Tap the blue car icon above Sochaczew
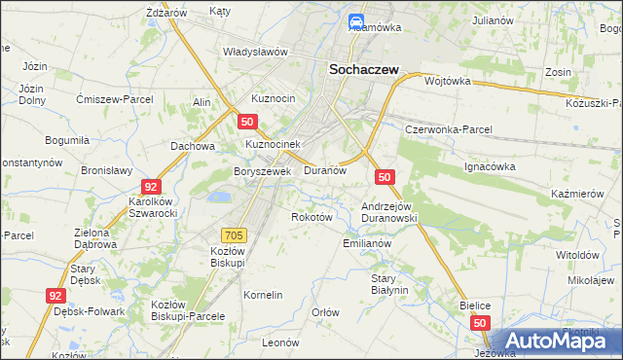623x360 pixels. click(356, 21)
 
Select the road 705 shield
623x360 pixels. click(234, 234)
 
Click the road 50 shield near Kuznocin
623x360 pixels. click(247, 122)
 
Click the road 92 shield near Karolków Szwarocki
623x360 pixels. click(150, 186)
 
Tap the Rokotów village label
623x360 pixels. click(312, 217)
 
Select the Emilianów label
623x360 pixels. click(367, 243)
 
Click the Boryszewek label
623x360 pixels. click(262, 171)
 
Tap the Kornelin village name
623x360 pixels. click(263, 294)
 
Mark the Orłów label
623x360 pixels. click(325, 312)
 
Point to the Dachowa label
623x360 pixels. click(192, 146)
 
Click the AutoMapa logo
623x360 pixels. click(557, 342)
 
